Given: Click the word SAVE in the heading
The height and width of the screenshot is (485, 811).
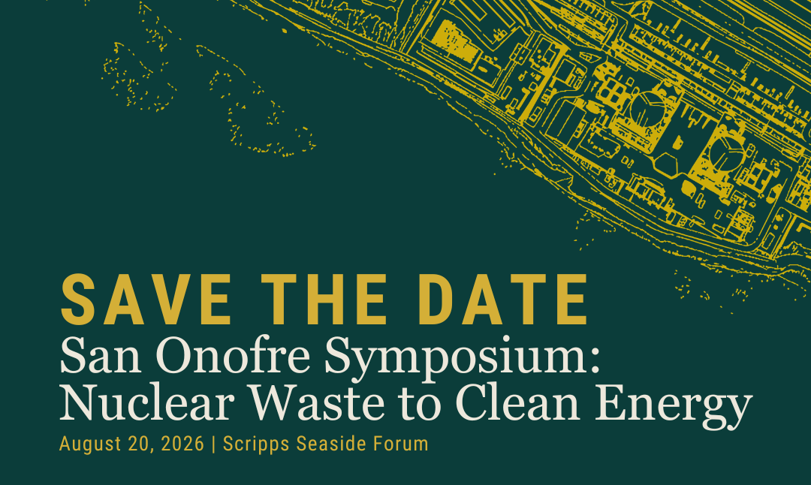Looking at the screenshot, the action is coord(146,300).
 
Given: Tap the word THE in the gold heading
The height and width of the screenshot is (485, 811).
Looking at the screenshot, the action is coord(324,300).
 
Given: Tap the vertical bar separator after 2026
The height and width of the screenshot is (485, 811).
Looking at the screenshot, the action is coord(214,444).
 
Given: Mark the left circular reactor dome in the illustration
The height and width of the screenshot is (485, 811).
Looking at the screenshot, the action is coord(647,108).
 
